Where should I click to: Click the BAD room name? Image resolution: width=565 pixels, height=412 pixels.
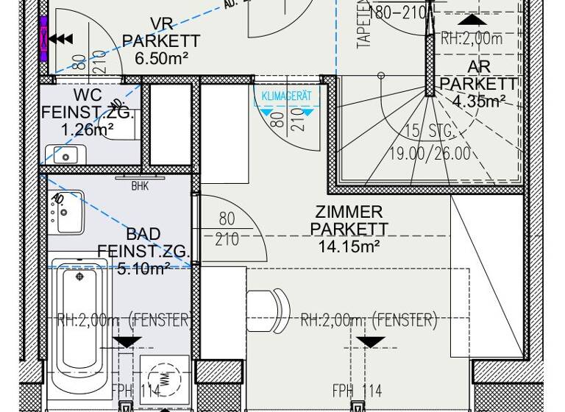pos(143,235)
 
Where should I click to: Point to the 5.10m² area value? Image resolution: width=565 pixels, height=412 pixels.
pos(143,269)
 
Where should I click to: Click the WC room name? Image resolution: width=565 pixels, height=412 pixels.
pos(88,96)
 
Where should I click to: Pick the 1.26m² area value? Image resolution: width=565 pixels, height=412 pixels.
pos(88,130)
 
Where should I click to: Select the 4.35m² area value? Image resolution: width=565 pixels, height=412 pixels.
pos(479,102)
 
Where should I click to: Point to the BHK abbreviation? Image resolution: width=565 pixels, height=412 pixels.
pos(140,186)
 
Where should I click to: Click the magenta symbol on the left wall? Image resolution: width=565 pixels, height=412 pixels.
pos(43,37)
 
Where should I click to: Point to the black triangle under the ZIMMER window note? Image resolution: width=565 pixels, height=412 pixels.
pos(369,342)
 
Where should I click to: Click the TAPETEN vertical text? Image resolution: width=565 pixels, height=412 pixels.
pos(363,26)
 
